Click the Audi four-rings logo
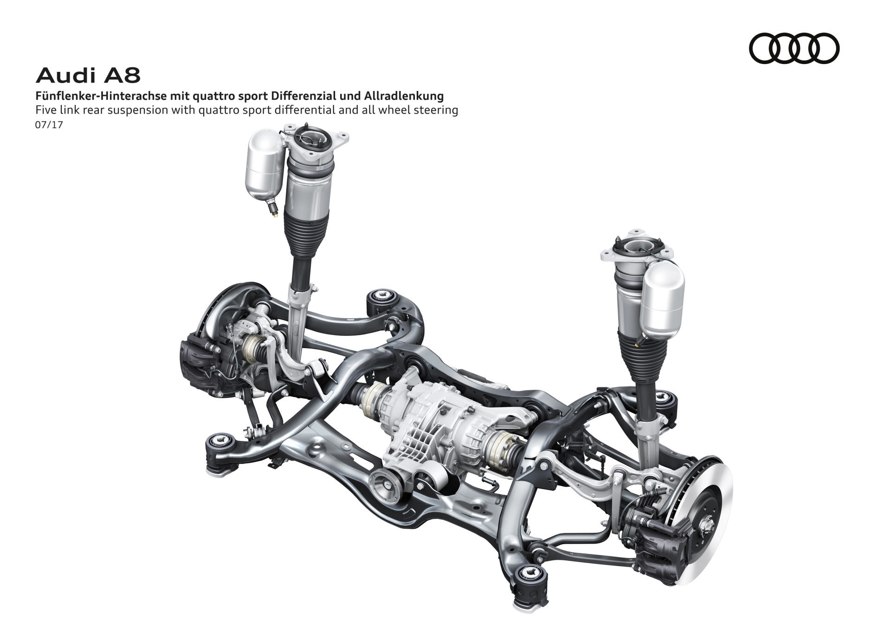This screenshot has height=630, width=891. click(x=794, y=48)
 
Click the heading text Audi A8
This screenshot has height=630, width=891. click(x=88, y=76)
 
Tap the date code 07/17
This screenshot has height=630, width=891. click(x=49, y=125)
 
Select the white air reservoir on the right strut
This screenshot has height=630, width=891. click(x=662, y=299)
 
